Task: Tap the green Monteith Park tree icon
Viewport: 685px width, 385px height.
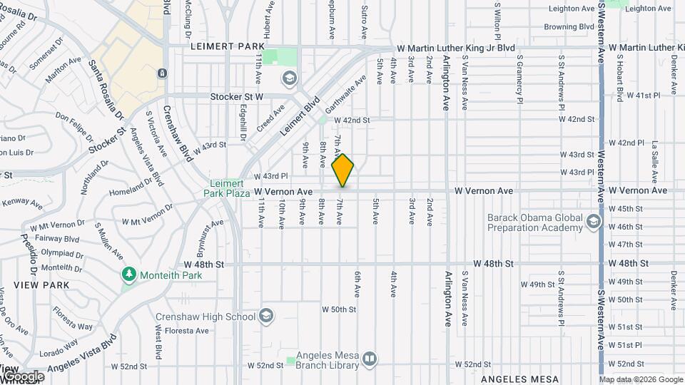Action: point(129,274)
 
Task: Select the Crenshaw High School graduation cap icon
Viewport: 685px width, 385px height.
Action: point(266,315)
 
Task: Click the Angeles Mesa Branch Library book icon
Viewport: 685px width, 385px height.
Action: point(370,359)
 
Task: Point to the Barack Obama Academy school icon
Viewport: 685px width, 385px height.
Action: point(593,222)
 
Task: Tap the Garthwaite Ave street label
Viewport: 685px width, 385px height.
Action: point(340,101)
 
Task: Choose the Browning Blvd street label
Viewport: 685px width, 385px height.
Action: point(569,27)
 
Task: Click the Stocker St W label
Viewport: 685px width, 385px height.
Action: point(237,96)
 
